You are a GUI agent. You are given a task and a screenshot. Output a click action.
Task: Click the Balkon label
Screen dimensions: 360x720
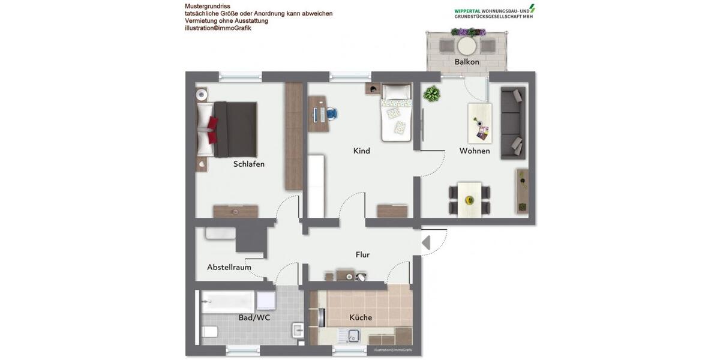tap(467, 62)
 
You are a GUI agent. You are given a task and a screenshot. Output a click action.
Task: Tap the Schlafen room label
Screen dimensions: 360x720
tap(249, 164)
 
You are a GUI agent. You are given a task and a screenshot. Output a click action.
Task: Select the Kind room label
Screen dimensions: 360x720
tap(362, 151)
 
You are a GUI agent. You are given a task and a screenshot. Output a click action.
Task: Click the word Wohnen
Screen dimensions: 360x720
tap(475, 151)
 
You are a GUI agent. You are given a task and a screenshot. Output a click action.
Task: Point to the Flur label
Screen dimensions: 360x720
tap(362, 254)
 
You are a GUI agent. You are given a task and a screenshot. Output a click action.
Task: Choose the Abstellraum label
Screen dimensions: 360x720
tap(229, 267)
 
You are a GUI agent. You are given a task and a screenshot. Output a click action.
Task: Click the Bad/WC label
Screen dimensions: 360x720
tap(254, 317)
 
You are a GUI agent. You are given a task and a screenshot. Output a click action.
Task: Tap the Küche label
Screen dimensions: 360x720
tap(361, 317)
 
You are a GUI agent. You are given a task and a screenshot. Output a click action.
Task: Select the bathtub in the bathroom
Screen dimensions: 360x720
tap(228, 300)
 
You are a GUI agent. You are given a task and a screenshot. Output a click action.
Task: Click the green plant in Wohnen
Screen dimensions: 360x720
tap(432, 94)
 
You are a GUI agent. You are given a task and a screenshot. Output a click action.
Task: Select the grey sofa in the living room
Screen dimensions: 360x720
tap(513, 122)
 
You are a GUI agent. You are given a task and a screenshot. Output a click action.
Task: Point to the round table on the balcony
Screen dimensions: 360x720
tap(467, 46)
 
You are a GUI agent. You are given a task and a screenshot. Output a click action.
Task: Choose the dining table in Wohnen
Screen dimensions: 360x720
tap(469, 199)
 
